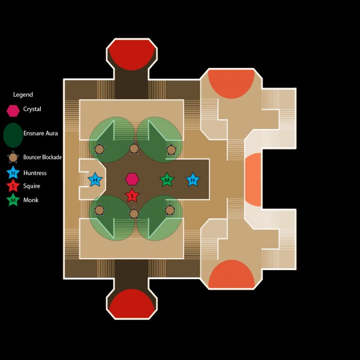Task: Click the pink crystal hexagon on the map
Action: tap(132, 179)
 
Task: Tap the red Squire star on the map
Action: tap(132, 196)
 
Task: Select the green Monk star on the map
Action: tap(167, 179)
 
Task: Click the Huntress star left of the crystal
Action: tap(95, 179)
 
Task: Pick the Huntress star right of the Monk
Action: tap(193, 179)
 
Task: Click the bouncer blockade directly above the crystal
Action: tap(134, 148)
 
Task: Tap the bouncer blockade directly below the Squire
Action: tap(134, 213)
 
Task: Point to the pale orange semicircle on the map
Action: tap(253, 179)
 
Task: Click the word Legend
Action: tap(23, 95)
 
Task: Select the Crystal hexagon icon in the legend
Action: tap(13, 110)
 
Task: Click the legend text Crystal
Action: tap(32, 110)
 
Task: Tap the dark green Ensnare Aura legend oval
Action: tap(13, 135)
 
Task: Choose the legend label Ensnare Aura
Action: tap(41, 133)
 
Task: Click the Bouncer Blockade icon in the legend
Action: tap(13, 158)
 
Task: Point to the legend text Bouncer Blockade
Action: tap(43, 158)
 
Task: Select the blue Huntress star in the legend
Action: tap(13, 173)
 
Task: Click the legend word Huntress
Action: tap(35, 173)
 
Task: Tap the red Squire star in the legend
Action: tap(13, 187)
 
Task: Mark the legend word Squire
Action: tap(32, 187)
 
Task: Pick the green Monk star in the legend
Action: tap(13, 200)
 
